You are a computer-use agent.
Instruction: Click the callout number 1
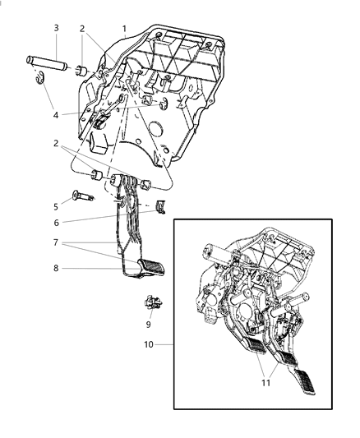coord(124,28)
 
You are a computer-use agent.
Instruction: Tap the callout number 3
coord(56,28)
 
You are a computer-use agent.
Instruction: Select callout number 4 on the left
coord(56,115)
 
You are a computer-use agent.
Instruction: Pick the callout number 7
coord(56,244)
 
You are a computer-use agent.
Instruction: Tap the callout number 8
coord(56,268)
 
